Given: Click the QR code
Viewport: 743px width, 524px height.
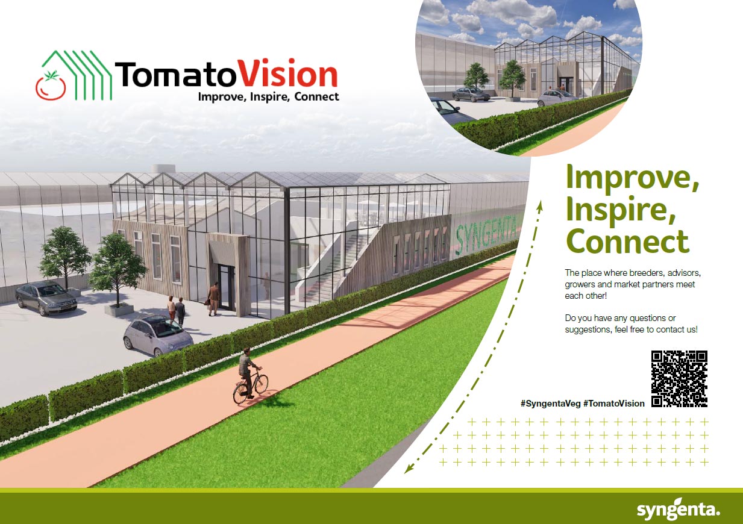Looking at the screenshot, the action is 679,378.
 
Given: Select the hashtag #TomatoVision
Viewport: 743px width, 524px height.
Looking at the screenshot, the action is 613,404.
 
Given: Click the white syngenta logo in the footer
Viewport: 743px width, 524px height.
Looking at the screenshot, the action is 679,510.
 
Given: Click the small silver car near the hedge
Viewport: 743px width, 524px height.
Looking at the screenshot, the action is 157,335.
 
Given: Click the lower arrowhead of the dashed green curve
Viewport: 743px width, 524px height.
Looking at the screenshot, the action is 409,468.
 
